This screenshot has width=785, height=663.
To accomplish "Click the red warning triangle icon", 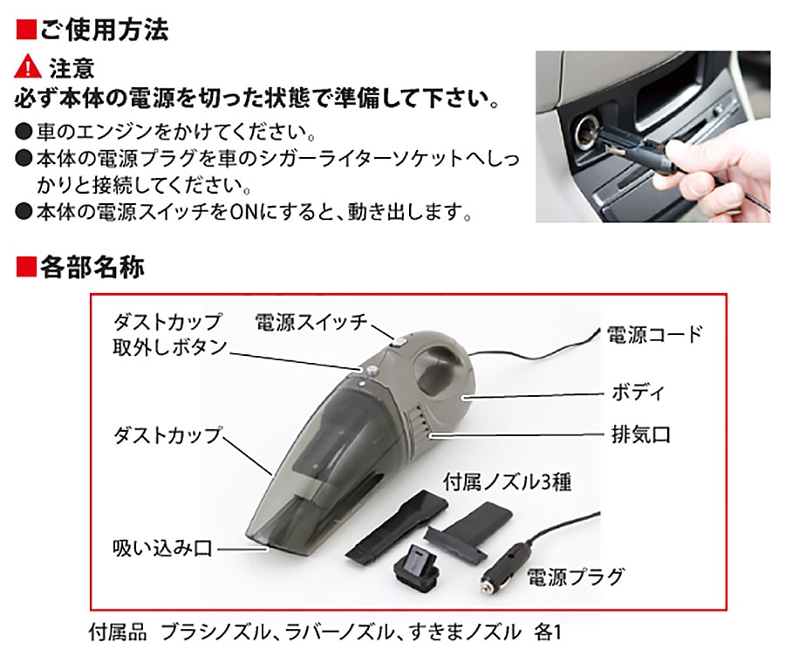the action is pyautogui.click(x=28, y=66).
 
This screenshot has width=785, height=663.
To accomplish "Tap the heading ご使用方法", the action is pyautogui.click(x=104, y=29).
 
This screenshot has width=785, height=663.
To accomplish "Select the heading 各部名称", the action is pyautogui.click(x=92, y=266).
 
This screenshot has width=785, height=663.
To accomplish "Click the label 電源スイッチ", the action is pyautogui.click(x=311, y=322).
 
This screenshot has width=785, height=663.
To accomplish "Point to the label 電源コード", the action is pyautogui.click(x=655, y=334).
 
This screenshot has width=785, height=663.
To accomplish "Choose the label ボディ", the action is pyautogui.click(x=638, y=392).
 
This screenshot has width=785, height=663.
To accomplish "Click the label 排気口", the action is pyautogui.click(x=641, y=434).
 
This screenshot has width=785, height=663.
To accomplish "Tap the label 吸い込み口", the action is pyautogui.click(x=163, y=548).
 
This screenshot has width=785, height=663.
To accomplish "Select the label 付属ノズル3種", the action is pyautogui.click(x=507, y=482).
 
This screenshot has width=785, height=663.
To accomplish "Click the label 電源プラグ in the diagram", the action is pyautogui.click(x=576, y=577).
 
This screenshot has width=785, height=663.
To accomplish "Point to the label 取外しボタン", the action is pyautogui.click(x=170, y=347).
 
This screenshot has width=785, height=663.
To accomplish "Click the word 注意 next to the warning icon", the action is pyautogui.click(x=72, y=68).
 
